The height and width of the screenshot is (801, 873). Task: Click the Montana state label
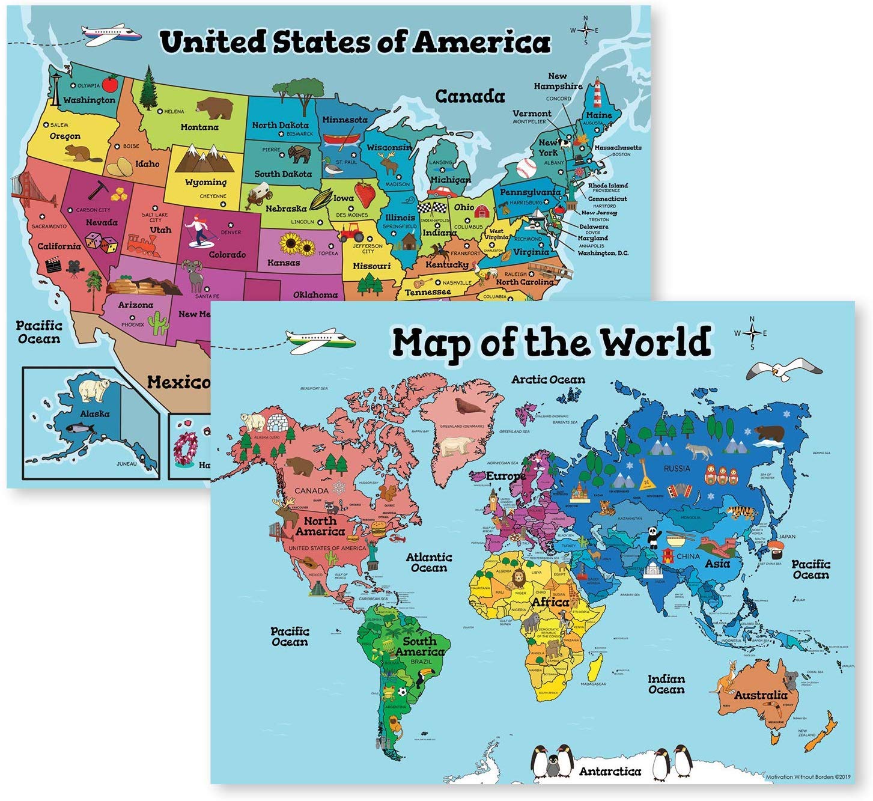click(199, 127)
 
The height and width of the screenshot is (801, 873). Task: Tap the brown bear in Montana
click(215, 108)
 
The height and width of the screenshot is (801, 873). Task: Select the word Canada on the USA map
click(470, 96)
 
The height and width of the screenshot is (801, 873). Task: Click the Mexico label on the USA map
click(178, 382)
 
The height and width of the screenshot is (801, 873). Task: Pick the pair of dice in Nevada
click(100, 243)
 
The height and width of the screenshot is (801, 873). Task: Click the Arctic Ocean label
click(548, 380)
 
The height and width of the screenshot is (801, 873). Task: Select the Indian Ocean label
click(666, 684)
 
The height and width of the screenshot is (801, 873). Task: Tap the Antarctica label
click(610, 771)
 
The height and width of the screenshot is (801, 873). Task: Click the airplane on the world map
click(320, 341)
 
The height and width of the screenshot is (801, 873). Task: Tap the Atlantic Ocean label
click(429, 562)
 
